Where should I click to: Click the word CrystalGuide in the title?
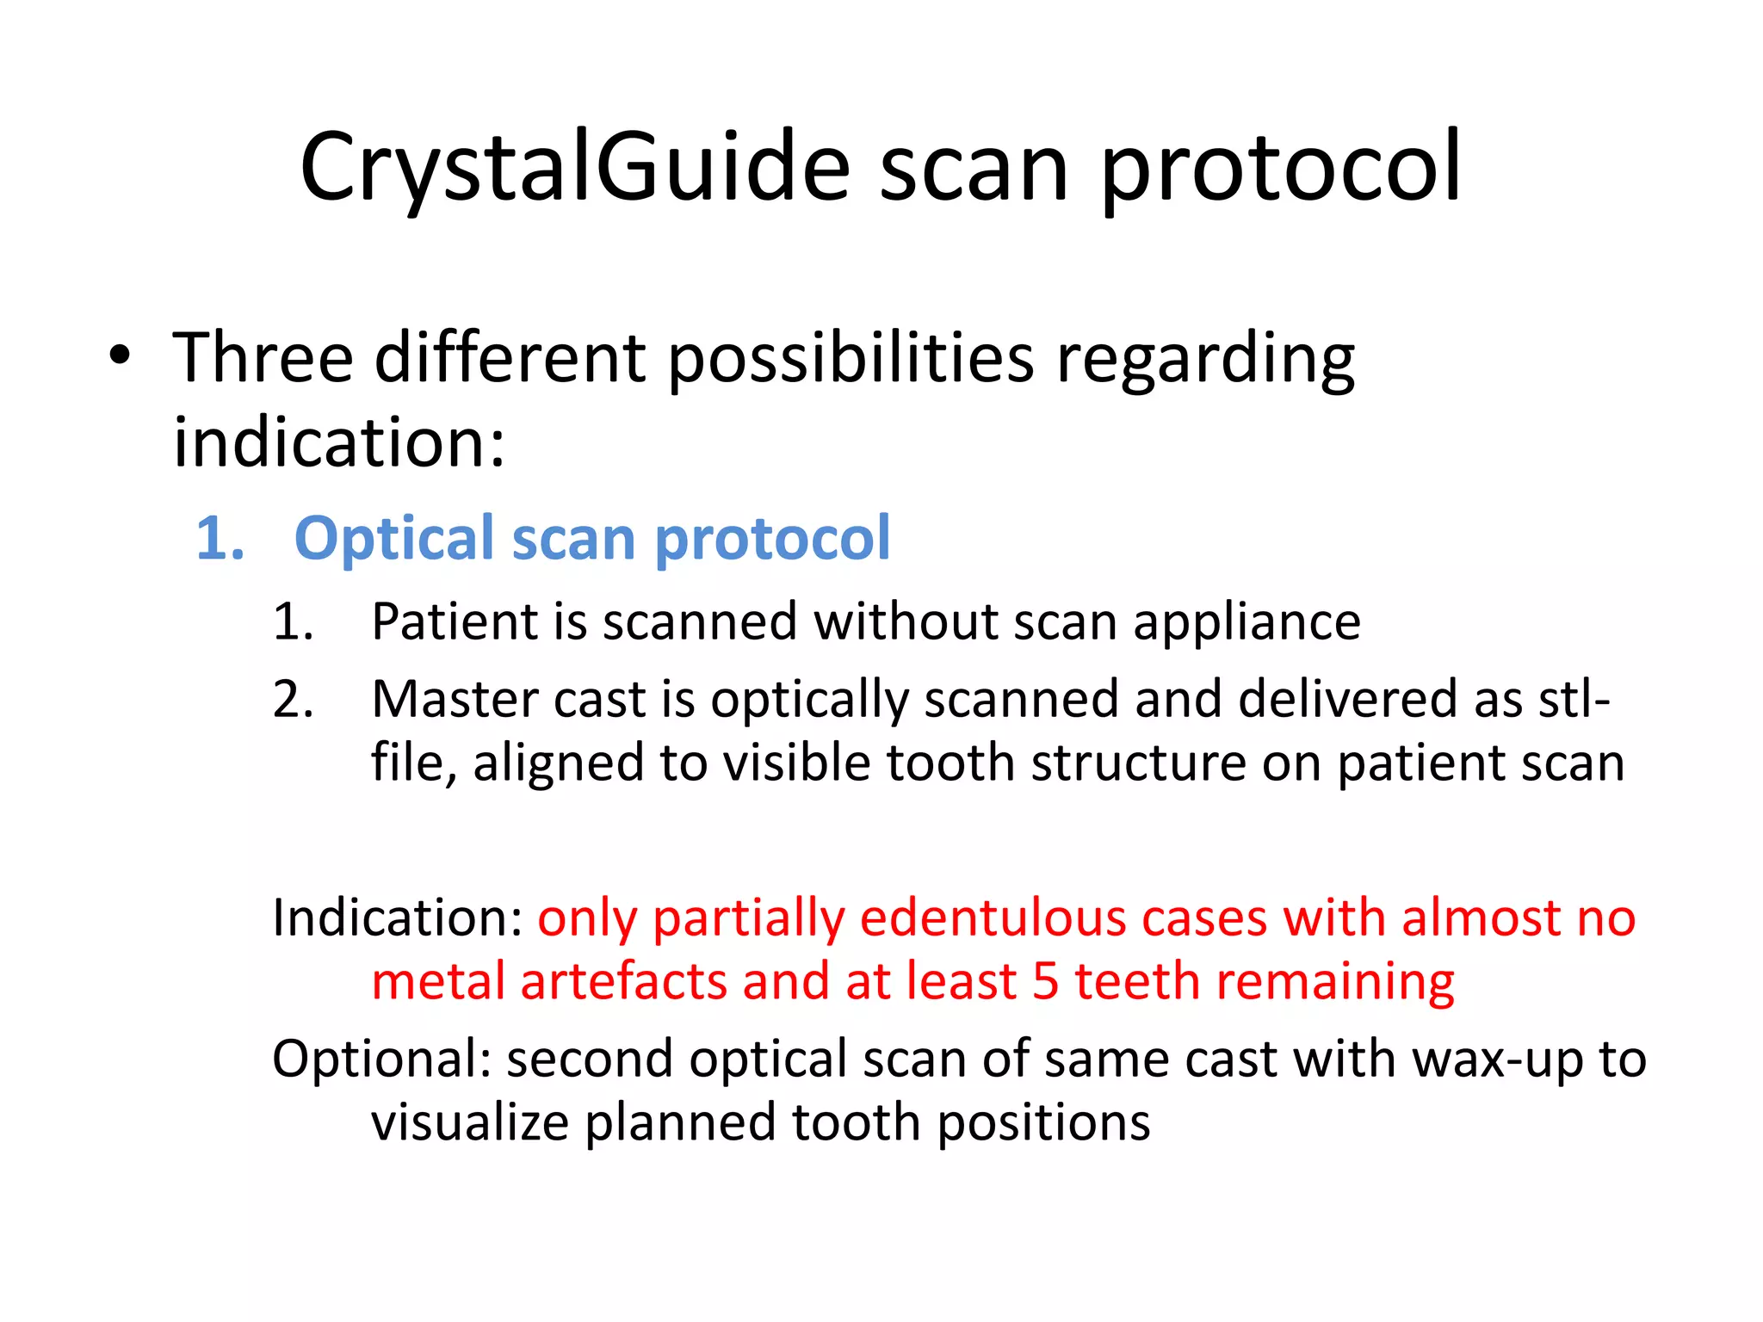click(x=575, y=168)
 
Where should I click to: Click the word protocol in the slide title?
click(x=1280, y=168)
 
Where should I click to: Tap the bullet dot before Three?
click(x=120, y=355)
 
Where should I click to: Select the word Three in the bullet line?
click(x=263, y=357)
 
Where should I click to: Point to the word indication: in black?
click(x=339, y=442)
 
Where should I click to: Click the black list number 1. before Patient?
click(x=293, y=622)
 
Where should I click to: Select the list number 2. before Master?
click(x=293, y=699)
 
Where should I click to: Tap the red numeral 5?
click(x=1045, y=982)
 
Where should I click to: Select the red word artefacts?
click(x=623, y=982)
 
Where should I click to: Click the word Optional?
click(x=381, y=1059)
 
